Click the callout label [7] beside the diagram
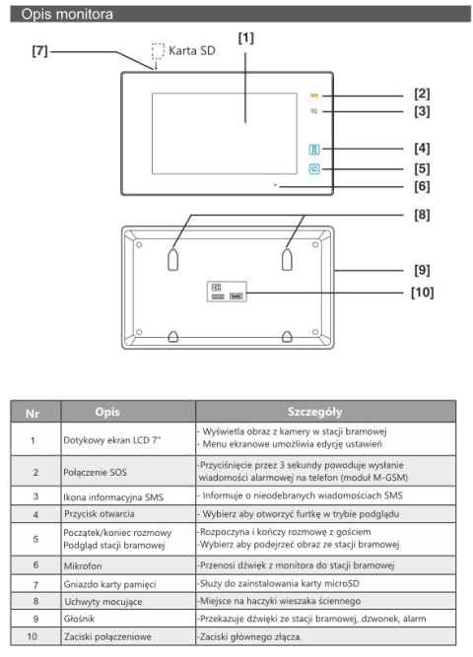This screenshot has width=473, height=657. [39, 51]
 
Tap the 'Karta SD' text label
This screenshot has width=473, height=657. [191, 50]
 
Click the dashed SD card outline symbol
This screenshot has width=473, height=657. [158, 51]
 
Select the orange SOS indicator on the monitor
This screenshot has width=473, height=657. [314, 96]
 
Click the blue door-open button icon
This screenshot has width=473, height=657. [314, 149]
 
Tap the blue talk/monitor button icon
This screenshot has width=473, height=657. [314, 168]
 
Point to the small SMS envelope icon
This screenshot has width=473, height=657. [314, 111]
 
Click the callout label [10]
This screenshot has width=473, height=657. [422, 292]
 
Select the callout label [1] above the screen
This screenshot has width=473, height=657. [245, 38]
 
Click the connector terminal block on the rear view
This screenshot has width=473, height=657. [227, 292]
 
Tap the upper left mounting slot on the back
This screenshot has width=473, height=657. [172, 260]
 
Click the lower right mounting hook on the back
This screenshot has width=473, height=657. [287, 337]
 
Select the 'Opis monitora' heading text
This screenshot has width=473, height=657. [67, 14]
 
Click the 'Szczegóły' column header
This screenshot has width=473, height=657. [314, 412]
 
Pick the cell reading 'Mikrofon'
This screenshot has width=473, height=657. [83, 566]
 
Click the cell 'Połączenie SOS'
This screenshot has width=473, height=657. [95, 472]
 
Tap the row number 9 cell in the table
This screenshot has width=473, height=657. [35, 619]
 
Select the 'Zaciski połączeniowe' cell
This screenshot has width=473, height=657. [107, 637]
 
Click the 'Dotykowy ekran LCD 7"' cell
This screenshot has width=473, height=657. [112, 440]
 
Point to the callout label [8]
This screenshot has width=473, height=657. [422, 215]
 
